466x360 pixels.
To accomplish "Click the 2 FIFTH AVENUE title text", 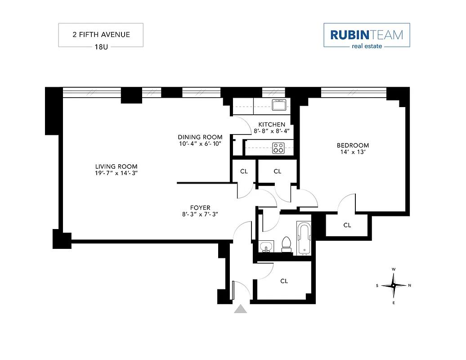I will (101, 35).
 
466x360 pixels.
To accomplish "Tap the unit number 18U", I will (101, 46).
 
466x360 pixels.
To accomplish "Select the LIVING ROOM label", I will (119, 166).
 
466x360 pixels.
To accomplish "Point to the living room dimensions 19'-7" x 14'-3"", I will (119, 173).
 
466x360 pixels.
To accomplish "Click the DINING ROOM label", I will (200, 137).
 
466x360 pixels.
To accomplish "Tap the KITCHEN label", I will (271, 124).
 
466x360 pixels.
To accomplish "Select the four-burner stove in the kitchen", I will (278, 148).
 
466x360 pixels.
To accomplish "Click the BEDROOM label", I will (353, 145).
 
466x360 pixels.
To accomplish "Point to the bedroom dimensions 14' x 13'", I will (353, 153).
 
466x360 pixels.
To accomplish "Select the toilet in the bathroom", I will (285, 244).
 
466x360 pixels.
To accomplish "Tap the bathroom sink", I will (265, 247).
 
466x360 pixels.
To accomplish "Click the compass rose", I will (393, 285).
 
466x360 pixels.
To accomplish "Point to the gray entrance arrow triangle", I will (241, 309).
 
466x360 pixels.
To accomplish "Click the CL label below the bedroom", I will (347, 225).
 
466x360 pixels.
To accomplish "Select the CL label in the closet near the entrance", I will (284, 281).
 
